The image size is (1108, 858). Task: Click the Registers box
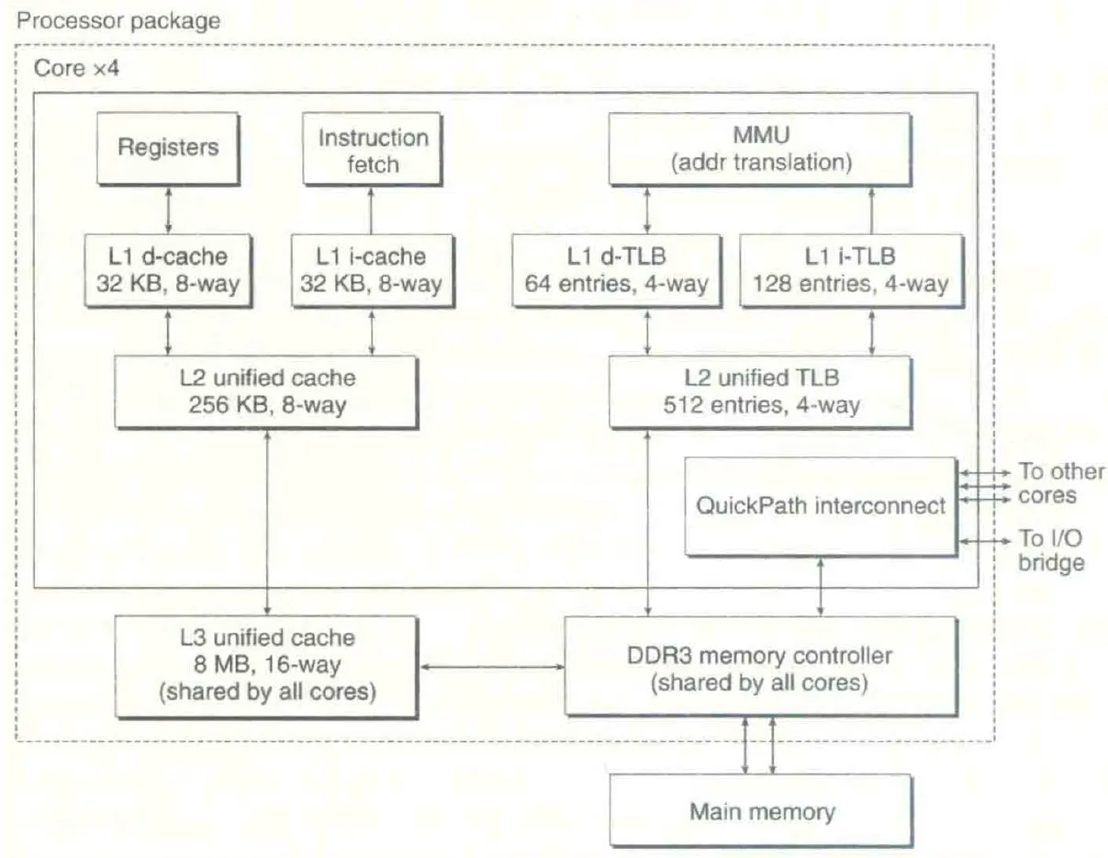(168, 148)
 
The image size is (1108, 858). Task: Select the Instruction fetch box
(372, 151)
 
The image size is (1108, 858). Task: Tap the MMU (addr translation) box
(761, 149)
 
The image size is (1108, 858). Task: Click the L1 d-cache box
(168, 270)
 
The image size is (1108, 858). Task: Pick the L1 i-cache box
(372, 270)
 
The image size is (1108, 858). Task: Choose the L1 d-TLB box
(617, 270)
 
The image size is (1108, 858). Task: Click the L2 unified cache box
(266, 391)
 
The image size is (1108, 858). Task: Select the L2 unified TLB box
(761, 391)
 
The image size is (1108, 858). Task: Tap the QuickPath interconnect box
(821, 505)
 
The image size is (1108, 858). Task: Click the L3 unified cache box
(266, 666)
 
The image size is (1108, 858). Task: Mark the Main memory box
(761, 811)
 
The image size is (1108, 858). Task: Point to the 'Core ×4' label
(72, 70)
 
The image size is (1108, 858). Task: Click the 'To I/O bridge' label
(1051, 550)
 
